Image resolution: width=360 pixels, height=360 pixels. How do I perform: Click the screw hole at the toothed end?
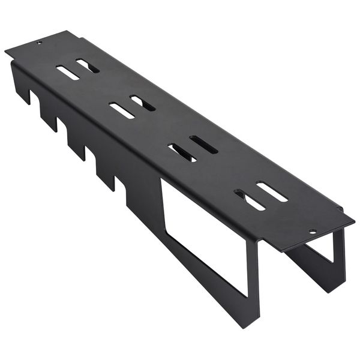[40, 43]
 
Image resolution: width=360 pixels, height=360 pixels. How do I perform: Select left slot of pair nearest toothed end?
[68, 73]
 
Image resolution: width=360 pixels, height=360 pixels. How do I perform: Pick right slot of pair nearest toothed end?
[88, 65]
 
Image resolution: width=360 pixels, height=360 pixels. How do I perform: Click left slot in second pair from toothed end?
[122, 110]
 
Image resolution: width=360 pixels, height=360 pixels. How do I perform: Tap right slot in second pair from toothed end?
[143, 103]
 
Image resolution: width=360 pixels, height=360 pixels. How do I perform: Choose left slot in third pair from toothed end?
[182, 152]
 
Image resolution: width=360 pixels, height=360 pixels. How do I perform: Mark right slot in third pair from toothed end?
[203, 145]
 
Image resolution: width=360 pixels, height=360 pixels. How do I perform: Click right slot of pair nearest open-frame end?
[272, 191]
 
